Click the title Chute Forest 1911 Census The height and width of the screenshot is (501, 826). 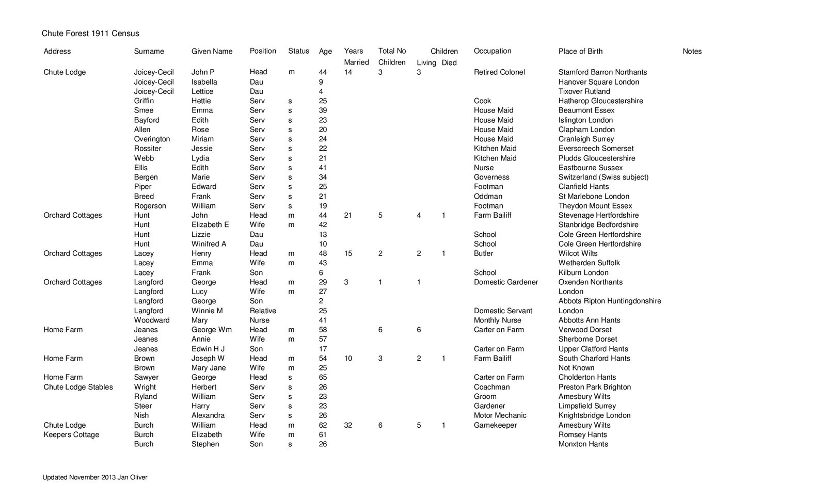(90, 34)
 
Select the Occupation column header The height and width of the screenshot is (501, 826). (493, 51)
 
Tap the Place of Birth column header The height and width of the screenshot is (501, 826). (580, 51)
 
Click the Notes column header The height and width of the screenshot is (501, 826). (692, 51)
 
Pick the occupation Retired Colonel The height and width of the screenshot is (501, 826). (499, 72)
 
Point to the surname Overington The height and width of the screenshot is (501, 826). (152, 139)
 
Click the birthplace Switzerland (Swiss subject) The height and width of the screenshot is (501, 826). (603, 177)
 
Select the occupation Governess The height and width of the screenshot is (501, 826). (491, 177)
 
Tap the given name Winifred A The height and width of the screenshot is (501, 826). (209, 244)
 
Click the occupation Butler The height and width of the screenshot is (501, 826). (483, 253)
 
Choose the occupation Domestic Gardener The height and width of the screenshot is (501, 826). (505, 282)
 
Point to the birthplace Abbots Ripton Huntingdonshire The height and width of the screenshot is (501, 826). (609, 301)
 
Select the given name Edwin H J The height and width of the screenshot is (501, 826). (209, 349)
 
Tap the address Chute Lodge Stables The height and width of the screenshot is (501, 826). (78, 387)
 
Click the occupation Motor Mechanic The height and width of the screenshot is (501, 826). (500, 415)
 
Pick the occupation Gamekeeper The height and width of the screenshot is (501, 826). (495, 425)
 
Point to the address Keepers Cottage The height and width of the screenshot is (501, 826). (71, 434)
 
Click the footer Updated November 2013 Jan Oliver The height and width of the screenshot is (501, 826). (94, 478)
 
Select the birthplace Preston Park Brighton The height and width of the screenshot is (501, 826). (594, 387)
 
